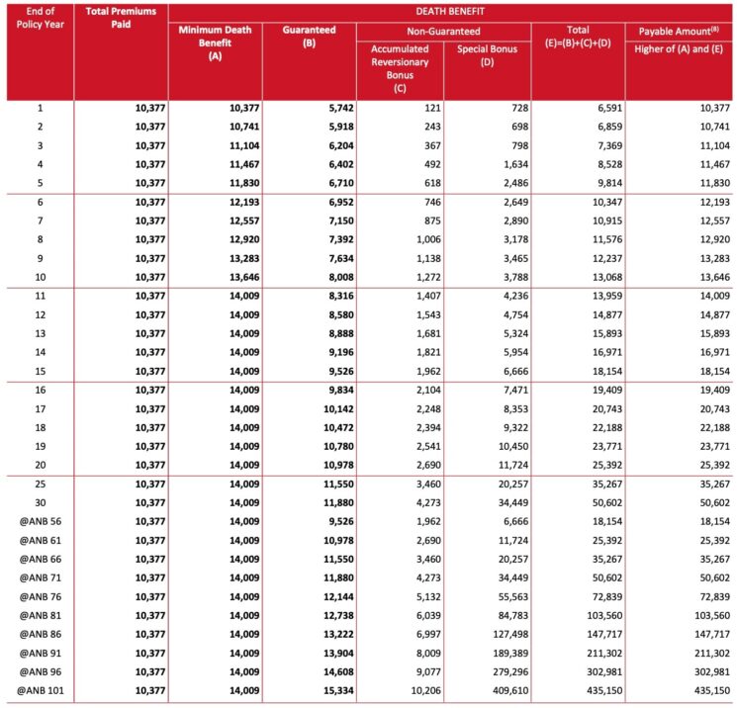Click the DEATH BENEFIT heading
[x=451, y=11]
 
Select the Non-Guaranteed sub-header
[x=442, y=32]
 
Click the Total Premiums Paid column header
[x=120, y=17]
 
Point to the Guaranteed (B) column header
[x=309, y=32]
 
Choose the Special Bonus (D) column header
[x=486, y=55]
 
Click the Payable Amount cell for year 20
[x=707, y=463]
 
